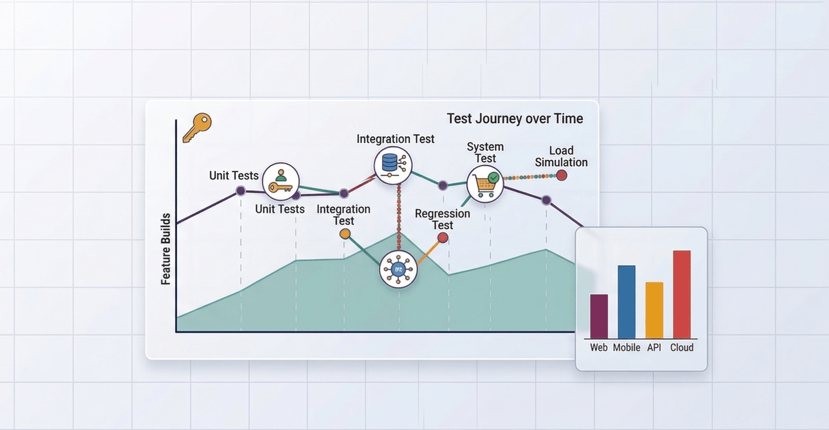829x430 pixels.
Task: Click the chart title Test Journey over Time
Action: click(x=514, y=119)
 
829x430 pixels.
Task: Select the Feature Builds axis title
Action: click(x=166, y=249)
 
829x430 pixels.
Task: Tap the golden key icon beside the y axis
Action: click(x=197, y=127)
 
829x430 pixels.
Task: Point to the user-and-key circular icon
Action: click(x=281, y=181)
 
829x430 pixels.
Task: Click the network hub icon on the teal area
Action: click(x=398, y=269)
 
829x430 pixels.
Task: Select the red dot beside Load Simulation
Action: click(x=561, y=175)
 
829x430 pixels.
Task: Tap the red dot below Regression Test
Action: click(x=443, y=238)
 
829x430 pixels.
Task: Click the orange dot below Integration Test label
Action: click(x=345, y=234)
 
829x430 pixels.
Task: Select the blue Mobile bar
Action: click(x=626, y=302)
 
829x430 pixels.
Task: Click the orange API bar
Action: click(x=654, y=310)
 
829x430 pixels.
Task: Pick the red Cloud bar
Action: click(x=682, y=294)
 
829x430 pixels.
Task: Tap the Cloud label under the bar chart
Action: click(x=682, y=347)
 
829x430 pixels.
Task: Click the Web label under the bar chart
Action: click(x=598, y=347)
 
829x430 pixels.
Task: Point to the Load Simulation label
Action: click(x=561, y=156)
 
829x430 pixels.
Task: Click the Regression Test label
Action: click(x=442, y=219)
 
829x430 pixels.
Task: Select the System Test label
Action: click(x=485, y=152)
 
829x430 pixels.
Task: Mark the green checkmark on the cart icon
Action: click(x=493, y=177)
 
